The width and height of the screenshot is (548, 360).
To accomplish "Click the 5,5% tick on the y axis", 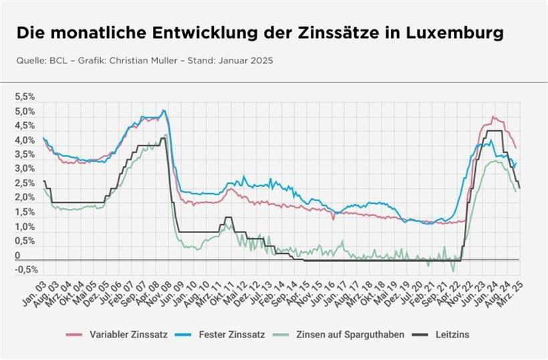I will pyautogui.click(x=25, y=97).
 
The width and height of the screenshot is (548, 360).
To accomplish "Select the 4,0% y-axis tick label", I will pyautogui.click(x=25, y=140).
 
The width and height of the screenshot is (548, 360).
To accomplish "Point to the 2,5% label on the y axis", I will pyautogui.click(x=25, y=184).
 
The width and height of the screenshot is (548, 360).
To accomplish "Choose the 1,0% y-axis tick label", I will pyautogui.click(x=25, y=227).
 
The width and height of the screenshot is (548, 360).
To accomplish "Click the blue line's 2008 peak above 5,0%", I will pyautogui.click(x=164, y=111).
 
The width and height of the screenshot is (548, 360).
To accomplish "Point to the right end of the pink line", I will pyautogui.click(x=516, y=148).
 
